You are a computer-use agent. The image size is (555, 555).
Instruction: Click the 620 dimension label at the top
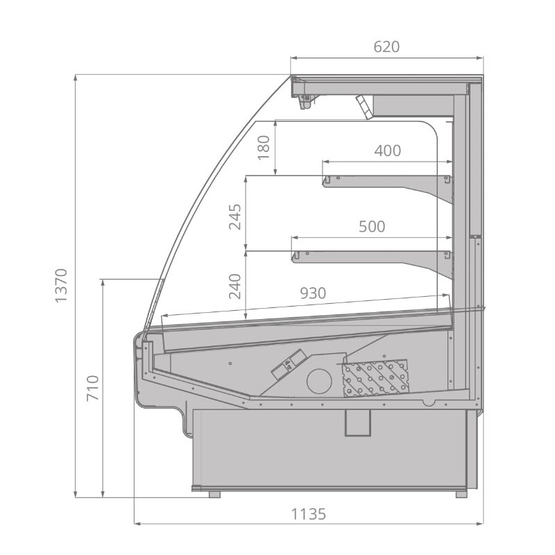click(386, 46)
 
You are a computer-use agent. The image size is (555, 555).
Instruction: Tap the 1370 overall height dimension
click(61, 286)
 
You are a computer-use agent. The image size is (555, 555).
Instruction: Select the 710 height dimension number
click(93, 388)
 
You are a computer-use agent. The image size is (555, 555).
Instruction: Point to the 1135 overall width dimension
click(308, 514)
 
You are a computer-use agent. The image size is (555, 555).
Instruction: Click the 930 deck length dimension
click(313, 293)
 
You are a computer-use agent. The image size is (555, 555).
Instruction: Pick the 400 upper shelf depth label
click(388, 151)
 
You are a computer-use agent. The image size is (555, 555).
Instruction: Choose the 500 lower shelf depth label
click(372, 227)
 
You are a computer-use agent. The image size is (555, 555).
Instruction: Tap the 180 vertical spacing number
click(264, 148)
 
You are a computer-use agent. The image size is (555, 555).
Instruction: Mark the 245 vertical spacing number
click(235, 217)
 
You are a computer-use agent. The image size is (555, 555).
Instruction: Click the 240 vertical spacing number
click(235, 287)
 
